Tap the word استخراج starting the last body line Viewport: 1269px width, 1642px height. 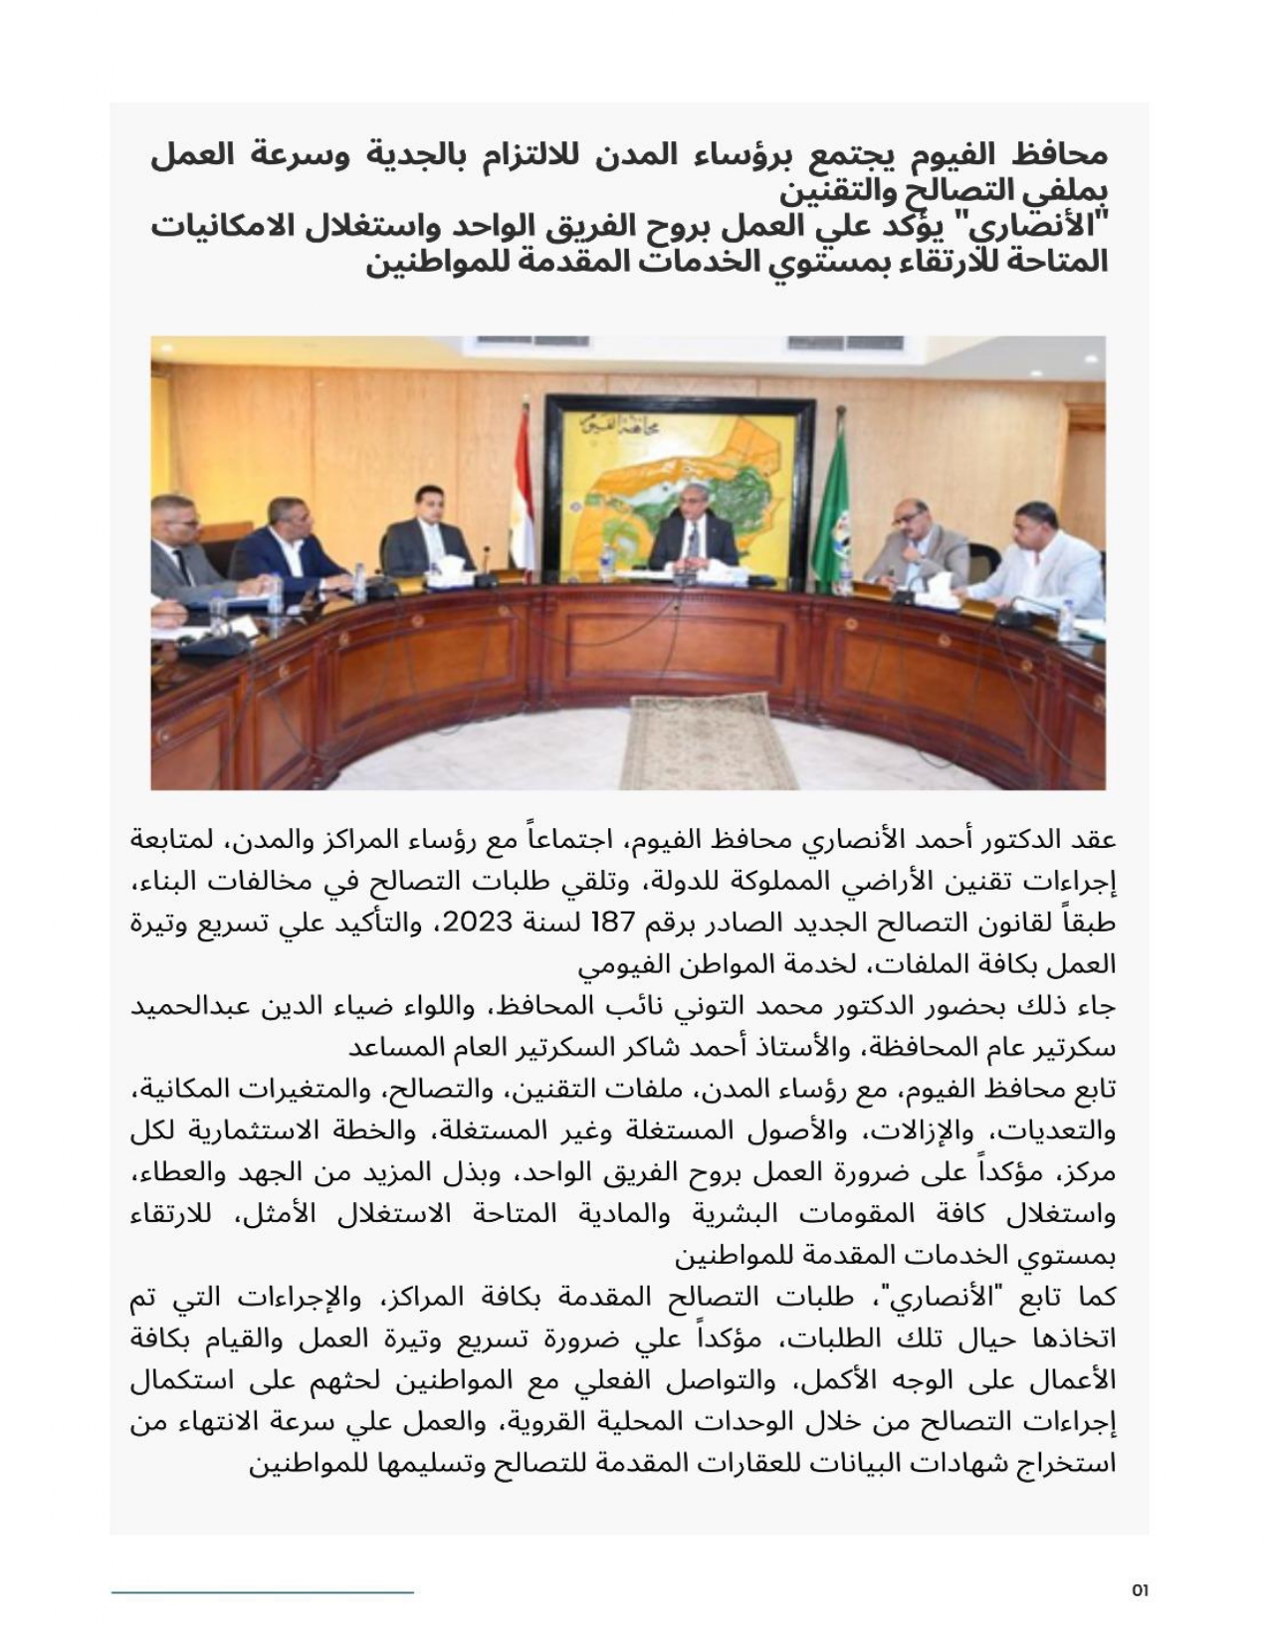coord(1074,1464)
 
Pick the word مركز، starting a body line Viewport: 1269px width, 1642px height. coord(1090,1173)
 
